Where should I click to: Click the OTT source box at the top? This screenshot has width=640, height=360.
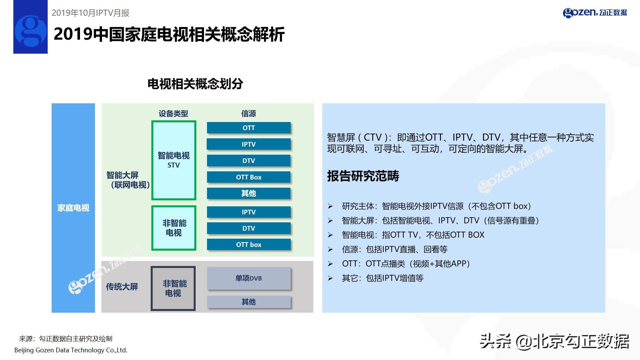coord(249,128)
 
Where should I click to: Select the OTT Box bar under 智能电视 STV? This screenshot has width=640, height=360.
coord(249,177)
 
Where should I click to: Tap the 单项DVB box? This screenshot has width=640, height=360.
coord(249,278)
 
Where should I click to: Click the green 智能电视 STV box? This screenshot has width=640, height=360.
coord(174,160)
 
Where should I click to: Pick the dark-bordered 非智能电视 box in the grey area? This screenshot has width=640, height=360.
coord(173,288)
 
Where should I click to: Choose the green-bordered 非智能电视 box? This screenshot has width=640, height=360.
coord(174,228)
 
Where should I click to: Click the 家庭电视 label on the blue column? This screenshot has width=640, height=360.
coord(73,208)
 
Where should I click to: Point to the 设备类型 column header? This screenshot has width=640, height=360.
coord(173,114)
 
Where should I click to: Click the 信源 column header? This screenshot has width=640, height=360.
coord(249,114)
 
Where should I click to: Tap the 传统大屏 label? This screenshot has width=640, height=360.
coord(122,287)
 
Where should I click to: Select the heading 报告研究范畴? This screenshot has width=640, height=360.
coord(363,176)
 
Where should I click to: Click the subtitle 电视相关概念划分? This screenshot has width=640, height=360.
coord(195,84)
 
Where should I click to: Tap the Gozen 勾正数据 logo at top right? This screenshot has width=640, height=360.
coord(595,13)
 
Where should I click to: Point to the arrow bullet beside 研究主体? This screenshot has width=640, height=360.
coord(330,206)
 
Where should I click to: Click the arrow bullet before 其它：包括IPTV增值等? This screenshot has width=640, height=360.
coord(330,278)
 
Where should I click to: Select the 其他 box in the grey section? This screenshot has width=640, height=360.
coord(249,302)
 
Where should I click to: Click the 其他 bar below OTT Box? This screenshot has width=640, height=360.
coord(249,193)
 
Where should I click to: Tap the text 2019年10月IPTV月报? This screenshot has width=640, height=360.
coord(90,13)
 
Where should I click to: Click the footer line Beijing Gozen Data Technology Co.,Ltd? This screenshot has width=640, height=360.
coord(71,350)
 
